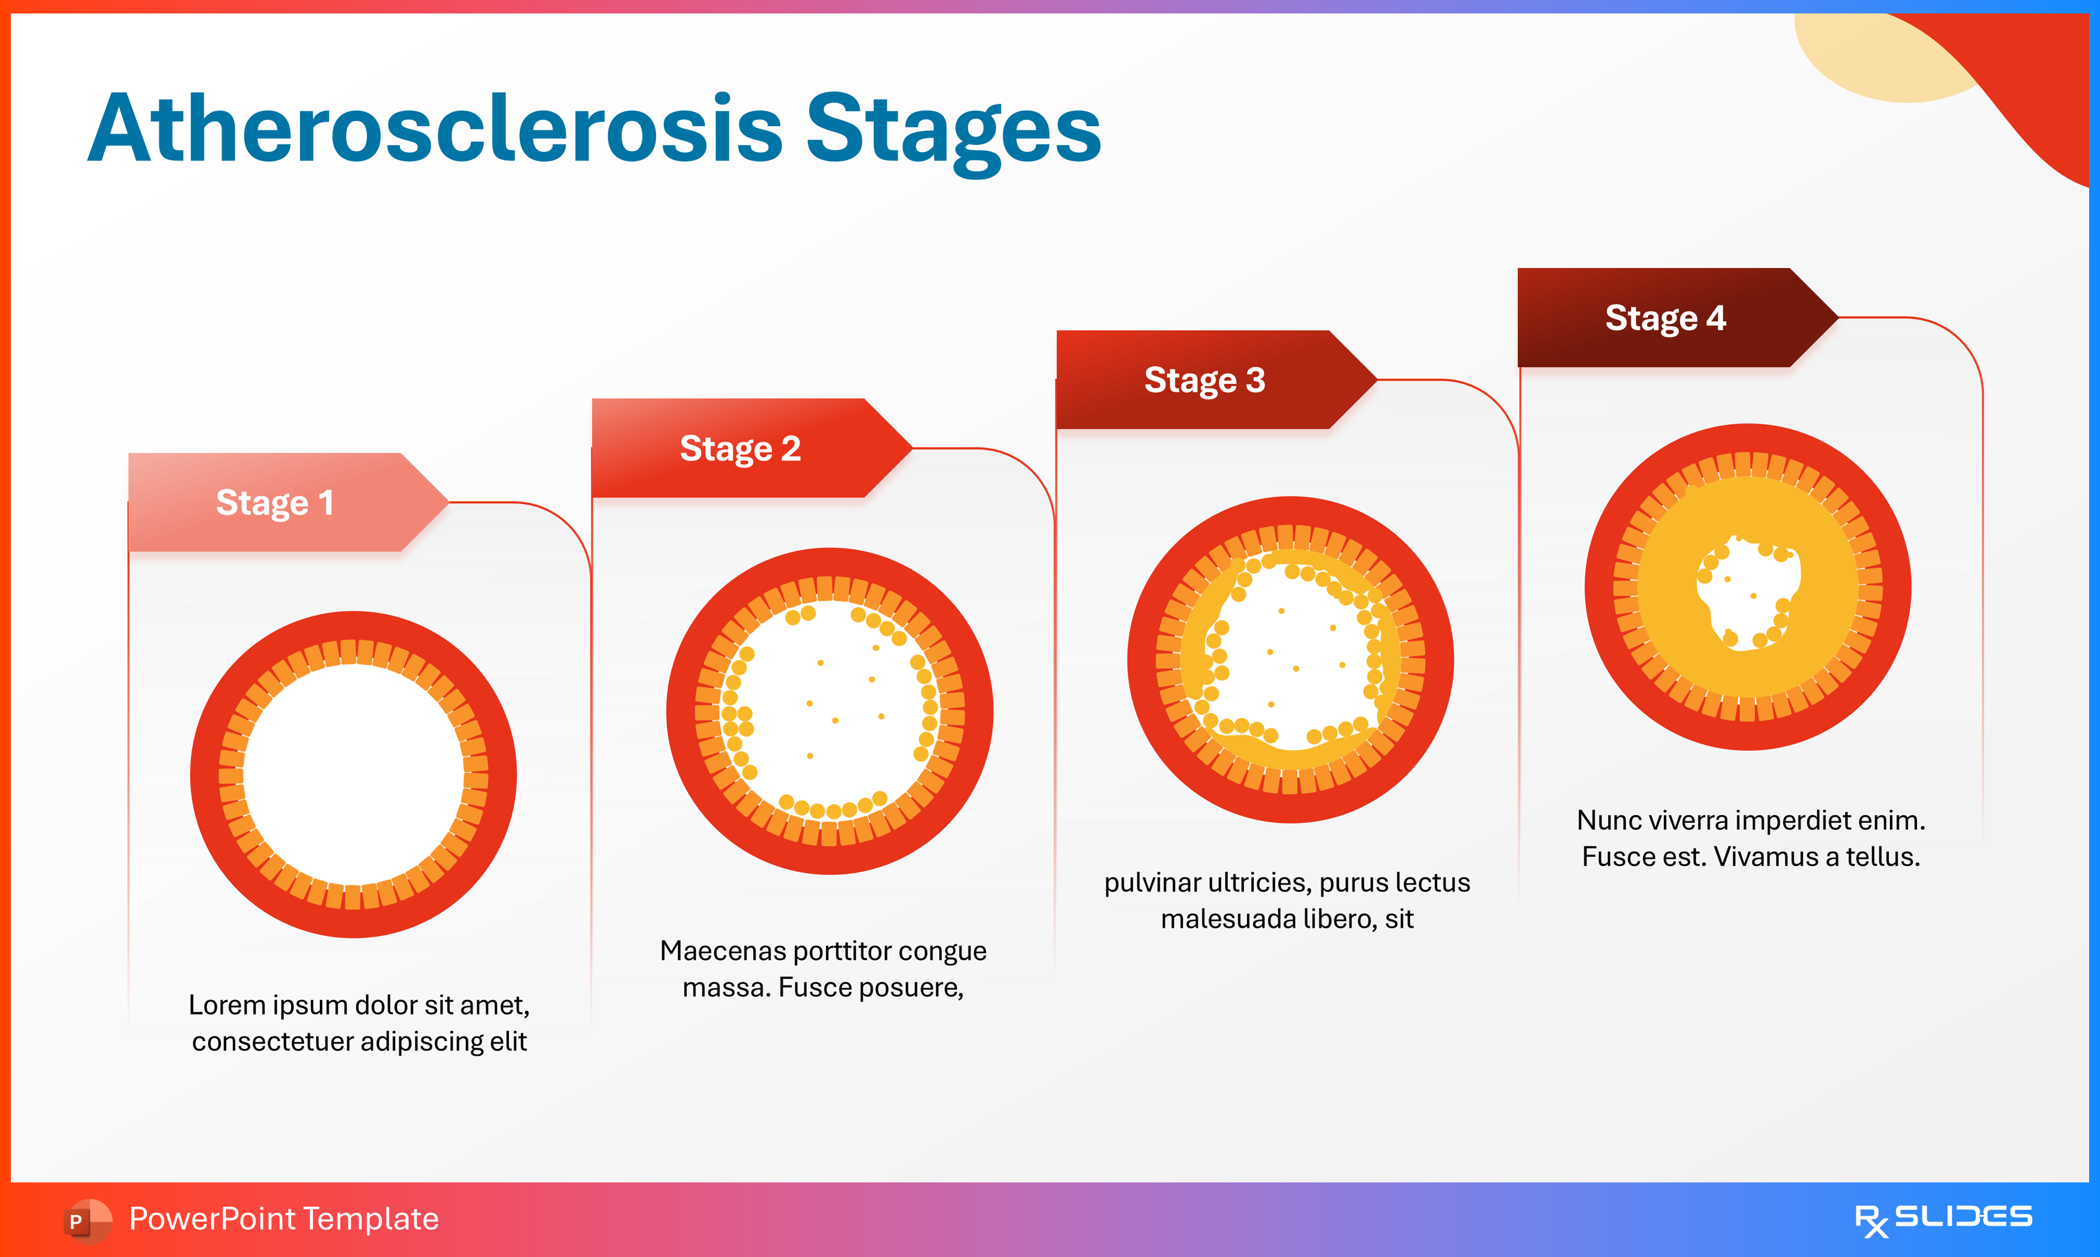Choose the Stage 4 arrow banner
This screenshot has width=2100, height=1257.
(x=1665, y=318)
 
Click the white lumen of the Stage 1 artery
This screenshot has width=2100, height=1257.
(x=353, y=774)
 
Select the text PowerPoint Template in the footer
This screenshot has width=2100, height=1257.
(x=283, y=1219)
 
